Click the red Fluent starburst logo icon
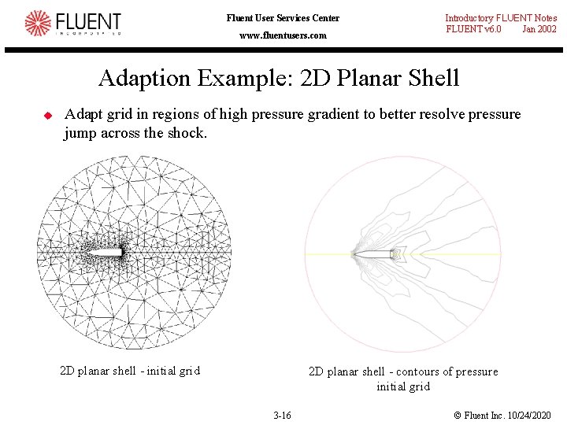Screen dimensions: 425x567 37,24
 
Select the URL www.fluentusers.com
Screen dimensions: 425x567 283,35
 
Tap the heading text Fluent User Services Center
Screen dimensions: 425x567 283,18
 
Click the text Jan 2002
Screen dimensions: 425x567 539,29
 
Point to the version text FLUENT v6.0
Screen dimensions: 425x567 473,29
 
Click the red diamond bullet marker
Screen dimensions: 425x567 47,116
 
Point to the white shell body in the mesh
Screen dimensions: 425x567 110,253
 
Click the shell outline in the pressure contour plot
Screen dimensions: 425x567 376,253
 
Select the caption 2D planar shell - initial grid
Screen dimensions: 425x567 130,371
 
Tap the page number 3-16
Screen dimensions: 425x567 281,415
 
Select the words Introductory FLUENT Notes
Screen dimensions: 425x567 501,18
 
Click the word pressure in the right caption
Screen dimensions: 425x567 476,371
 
